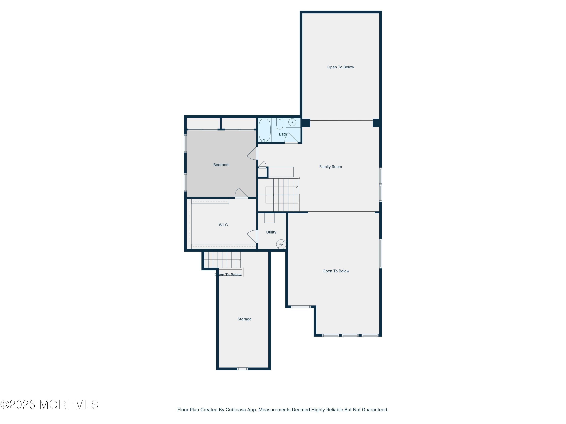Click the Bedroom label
pyautogui.click(x=221, y=165)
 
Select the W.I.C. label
pyautogui.click(x=224, y=225)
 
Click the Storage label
pyautogui.click(x=244, y=319)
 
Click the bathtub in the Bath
pyautogui.click(x=265, y=130)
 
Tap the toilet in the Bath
pyautogui.click(x=280, y=123)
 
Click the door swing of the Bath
pyautogui.click(x=291, y=138)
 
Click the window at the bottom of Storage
pyautogui.click(x=242, y=369)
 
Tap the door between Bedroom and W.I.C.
pyautogui.click(x=241, y=193)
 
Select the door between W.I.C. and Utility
pyautogui.click(x=252, y=236)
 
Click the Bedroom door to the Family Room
pyautogui.click(x=252, y=153)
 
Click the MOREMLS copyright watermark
pyautogui.click(x=49, y=405)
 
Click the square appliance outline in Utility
pyautogui.click(x=269, y=218)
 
